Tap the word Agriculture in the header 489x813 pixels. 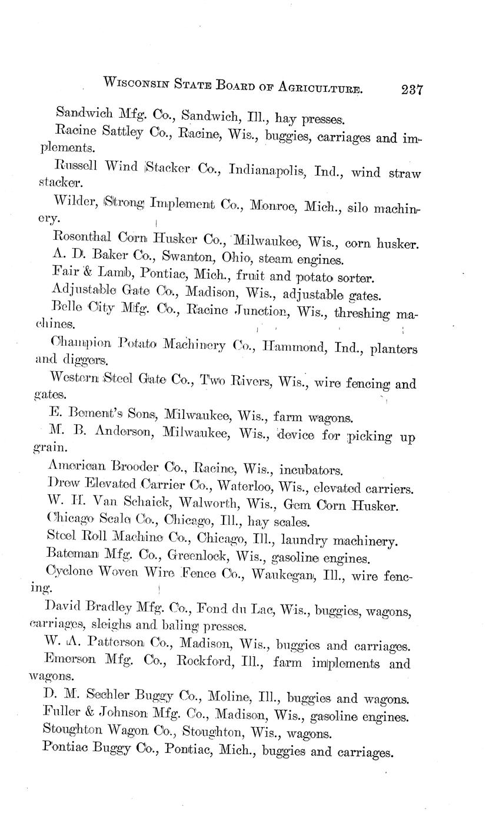(x=317, y=87)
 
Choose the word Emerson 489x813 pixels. (x=72, y=661)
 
